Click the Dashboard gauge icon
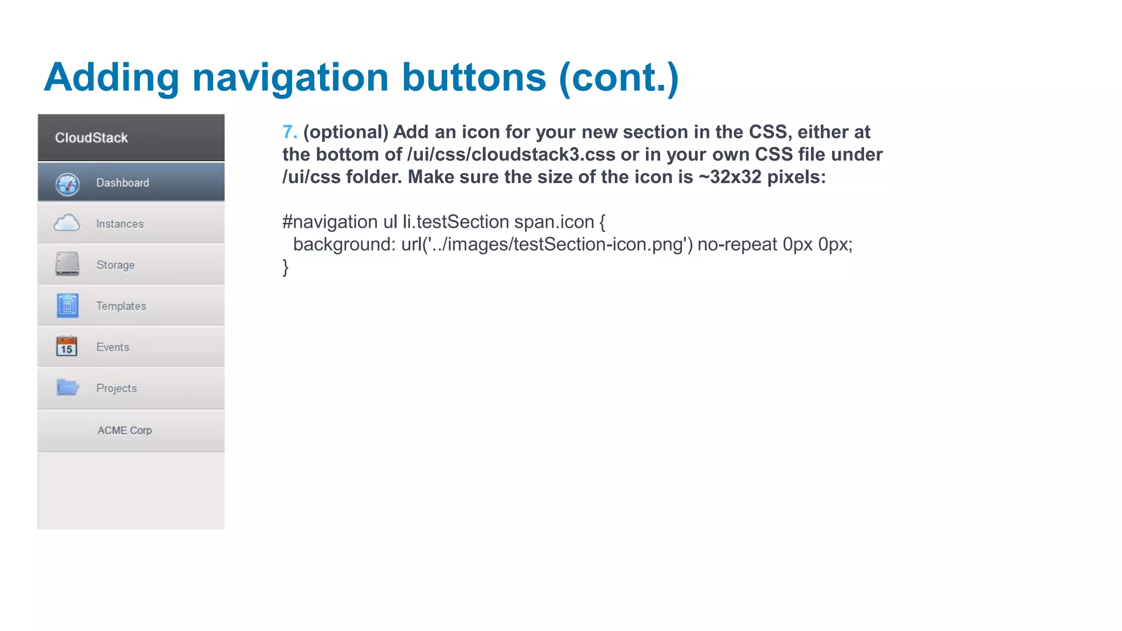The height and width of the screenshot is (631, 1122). pos(67,183)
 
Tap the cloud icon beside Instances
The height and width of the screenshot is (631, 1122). pos(67,223)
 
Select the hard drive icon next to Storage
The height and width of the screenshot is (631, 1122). pos(67,264)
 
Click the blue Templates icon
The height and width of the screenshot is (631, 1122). pos(67,306)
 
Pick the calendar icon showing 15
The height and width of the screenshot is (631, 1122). pos(67,346)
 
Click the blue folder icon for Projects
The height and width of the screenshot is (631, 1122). pos(68,387)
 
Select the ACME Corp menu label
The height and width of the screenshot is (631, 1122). pos(124,431)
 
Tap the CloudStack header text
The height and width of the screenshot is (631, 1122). pos(91,137)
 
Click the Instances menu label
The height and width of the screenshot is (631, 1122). pos(119,224)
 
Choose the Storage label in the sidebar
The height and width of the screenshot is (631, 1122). pos(115,265)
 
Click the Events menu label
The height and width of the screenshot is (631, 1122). pos(112,347)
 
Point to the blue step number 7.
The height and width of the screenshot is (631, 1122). pos(289,132)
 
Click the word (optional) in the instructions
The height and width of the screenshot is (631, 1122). pos(346,132)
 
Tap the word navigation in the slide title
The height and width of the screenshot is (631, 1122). pos(290,78)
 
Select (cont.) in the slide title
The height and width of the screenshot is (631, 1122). pos(619,78)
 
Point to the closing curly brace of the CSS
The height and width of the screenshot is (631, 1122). pos(285,267)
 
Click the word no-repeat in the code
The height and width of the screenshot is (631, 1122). pos(737,244)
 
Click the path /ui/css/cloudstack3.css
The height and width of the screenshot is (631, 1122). pos(511,154)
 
